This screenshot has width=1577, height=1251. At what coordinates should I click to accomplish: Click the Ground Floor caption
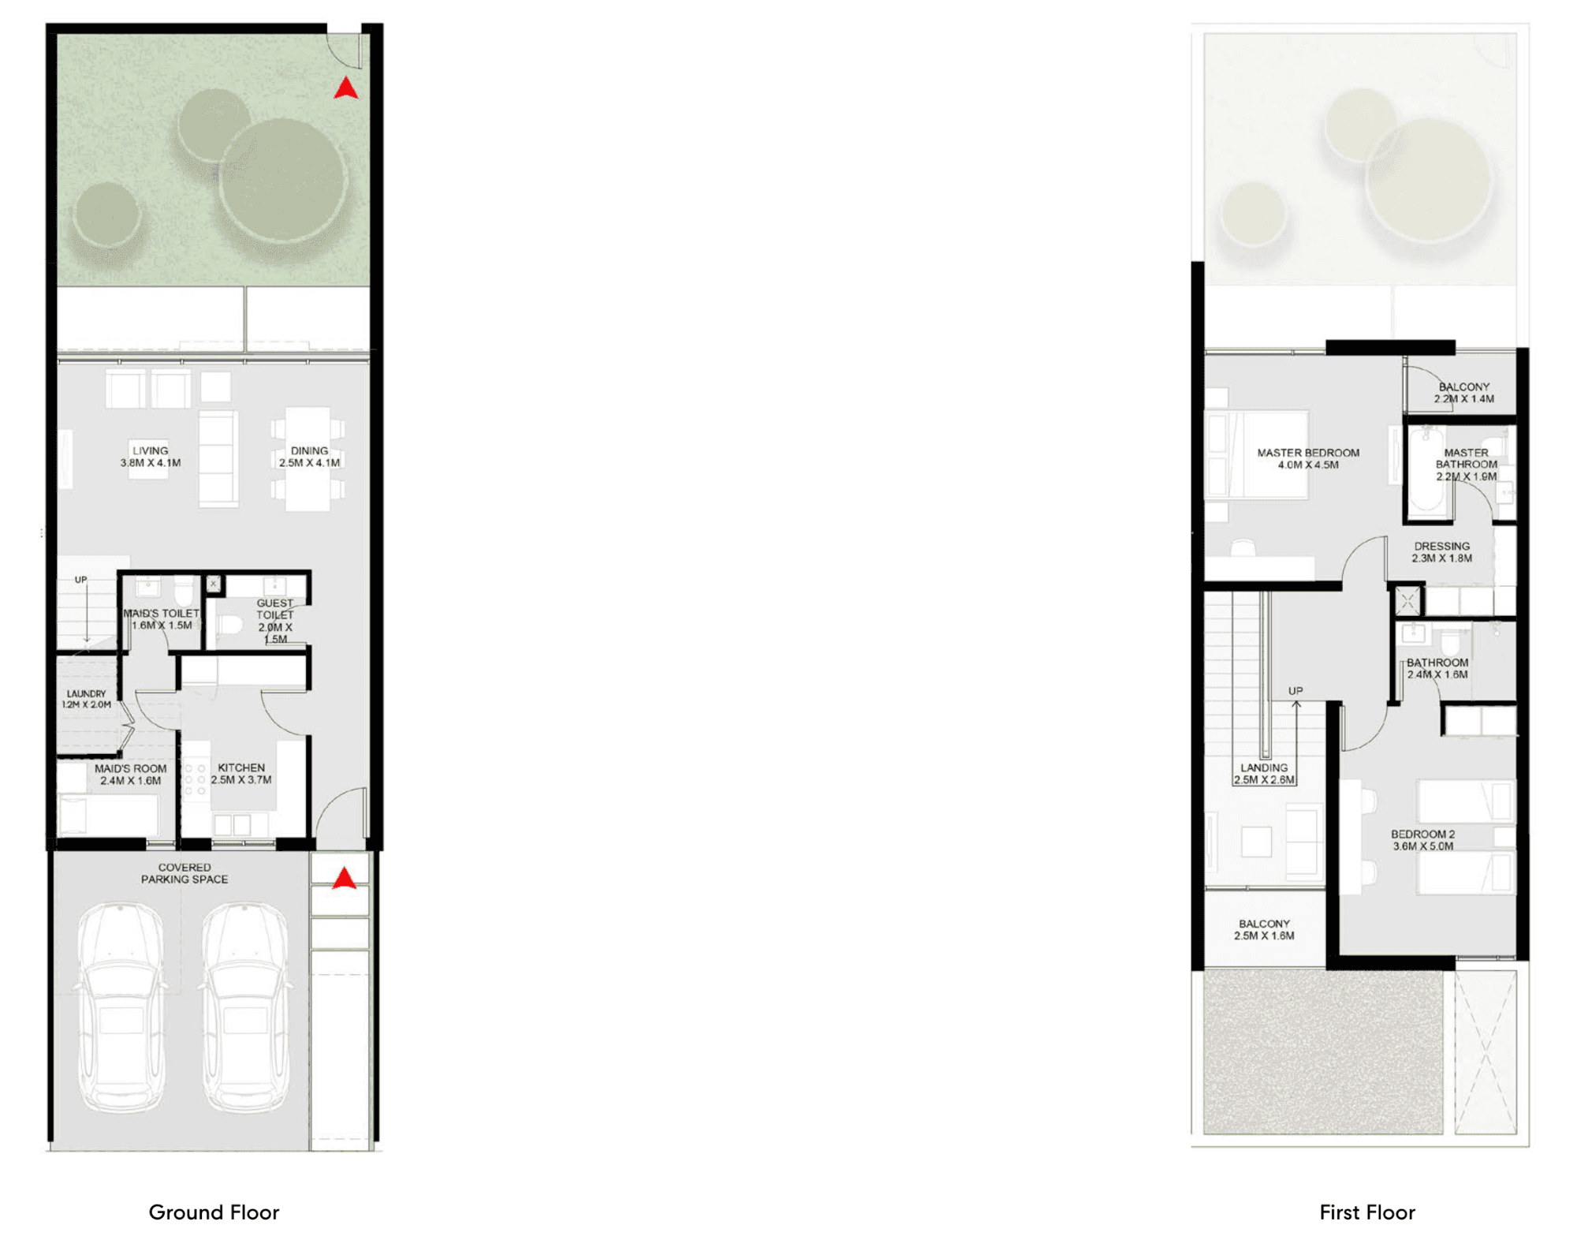[214, 1212]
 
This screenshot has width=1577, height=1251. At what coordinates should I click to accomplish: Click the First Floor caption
[1367, 1212]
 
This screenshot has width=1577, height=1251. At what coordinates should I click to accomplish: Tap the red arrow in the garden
[345, 88]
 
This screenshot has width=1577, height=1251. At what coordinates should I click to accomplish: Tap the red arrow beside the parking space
[344, 878]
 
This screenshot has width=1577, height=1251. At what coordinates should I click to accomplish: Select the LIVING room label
[151, 457]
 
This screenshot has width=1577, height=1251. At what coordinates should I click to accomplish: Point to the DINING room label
[309, 457]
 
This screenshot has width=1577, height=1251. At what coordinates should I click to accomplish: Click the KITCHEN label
[241, 774]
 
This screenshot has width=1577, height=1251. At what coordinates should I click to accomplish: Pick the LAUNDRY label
[86, 699]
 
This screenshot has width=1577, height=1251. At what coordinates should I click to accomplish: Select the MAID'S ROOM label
[131, 775]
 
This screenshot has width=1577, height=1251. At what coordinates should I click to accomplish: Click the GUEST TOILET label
[275, 622]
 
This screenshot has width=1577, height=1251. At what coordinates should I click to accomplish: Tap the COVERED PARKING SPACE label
[185, 873]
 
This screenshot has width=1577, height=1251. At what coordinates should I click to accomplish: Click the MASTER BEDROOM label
[1308, 459]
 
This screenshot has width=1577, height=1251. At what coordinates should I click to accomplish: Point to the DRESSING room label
[1441, 552]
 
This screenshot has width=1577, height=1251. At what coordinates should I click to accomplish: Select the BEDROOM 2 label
[1422, 840]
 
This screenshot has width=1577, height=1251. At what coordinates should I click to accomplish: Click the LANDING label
[1264, 774]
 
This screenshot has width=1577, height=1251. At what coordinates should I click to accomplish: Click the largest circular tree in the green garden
[283, 181]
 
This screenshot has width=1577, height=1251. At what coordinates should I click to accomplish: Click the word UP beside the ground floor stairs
[81, 580]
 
